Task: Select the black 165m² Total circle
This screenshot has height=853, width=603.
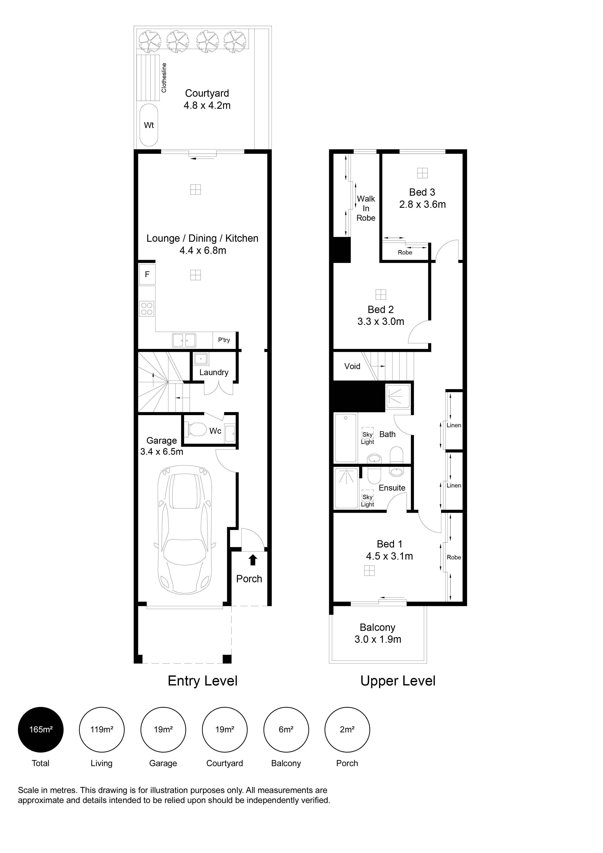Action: click(x=41, y=730)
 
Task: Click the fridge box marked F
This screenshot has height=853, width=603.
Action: click(x=147, y=274)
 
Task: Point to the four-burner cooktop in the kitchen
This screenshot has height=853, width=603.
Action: click(x=147, y=309)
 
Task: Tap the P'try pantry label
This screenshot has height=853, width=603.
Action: click(x=224, y=340)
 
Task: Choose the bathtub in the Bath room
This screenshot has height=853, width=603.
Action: click(x=346, y=438)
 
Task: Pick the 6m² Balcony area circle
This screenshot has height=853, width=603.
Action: click(x=286, y=730)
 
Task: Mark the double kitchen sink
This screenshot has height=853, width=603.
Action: click(x=184, y=340)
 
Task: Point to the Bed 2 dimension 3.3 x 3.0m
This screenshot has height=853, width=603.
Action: click(x=381, y=322)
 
